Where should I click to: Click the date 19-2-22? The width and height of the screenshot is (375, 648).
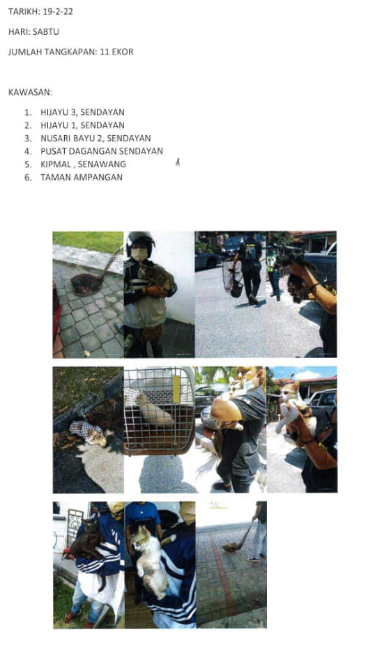[58, 12]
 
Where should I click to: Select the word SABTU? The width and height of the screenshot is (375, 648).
[46, 32]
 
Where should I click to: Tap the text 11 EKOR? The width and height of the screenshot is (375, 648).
[116, 52]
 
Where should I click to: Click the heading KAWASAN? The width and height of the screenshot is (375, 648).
[30, 92]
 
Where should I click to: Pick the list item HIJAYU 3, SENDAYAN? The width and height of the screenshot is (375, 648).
[82, 112]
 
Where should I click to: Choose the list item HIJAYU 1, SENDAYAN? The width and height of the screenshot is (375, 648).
[82, 125]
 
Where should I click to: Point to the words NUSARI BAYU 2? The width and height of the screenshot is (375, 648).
[71, 139]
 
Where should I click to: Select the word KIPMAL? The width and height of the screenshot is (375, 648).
[56, 164]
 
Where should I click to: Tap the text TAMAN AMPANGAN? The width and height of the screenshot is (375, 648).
[82, 177]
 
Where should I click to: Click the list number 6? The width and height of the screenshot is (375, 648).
[28, 178]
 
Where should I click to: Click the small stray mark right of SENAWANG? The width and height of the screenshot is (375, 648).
[177, 162]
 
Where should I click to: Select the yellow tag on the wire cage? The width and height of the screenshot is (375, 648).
[176, 389]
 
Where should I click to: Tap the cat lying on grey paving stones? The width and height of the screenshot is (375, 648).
[88, 283]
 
